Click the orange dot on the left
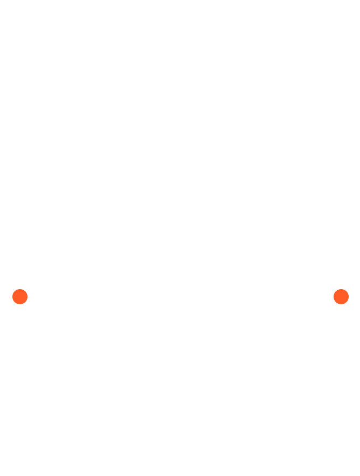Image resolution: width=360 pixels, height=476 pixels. pos(20,296)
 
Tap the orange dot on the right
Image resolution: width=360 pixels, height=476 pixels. pos(341,296)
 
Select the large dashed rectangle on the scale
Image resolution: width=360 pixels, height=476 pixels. pos(120,395)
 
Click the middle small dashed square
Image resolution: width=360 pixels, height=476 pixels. pos(233,394)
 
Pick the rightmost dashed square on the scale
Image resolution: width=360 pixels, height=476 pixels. pos(293,396)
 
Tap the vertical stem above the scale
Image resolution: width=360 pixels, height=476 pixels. pos(179,318)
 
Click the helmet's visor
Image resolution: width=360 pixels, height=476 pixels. pos(179,167)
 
